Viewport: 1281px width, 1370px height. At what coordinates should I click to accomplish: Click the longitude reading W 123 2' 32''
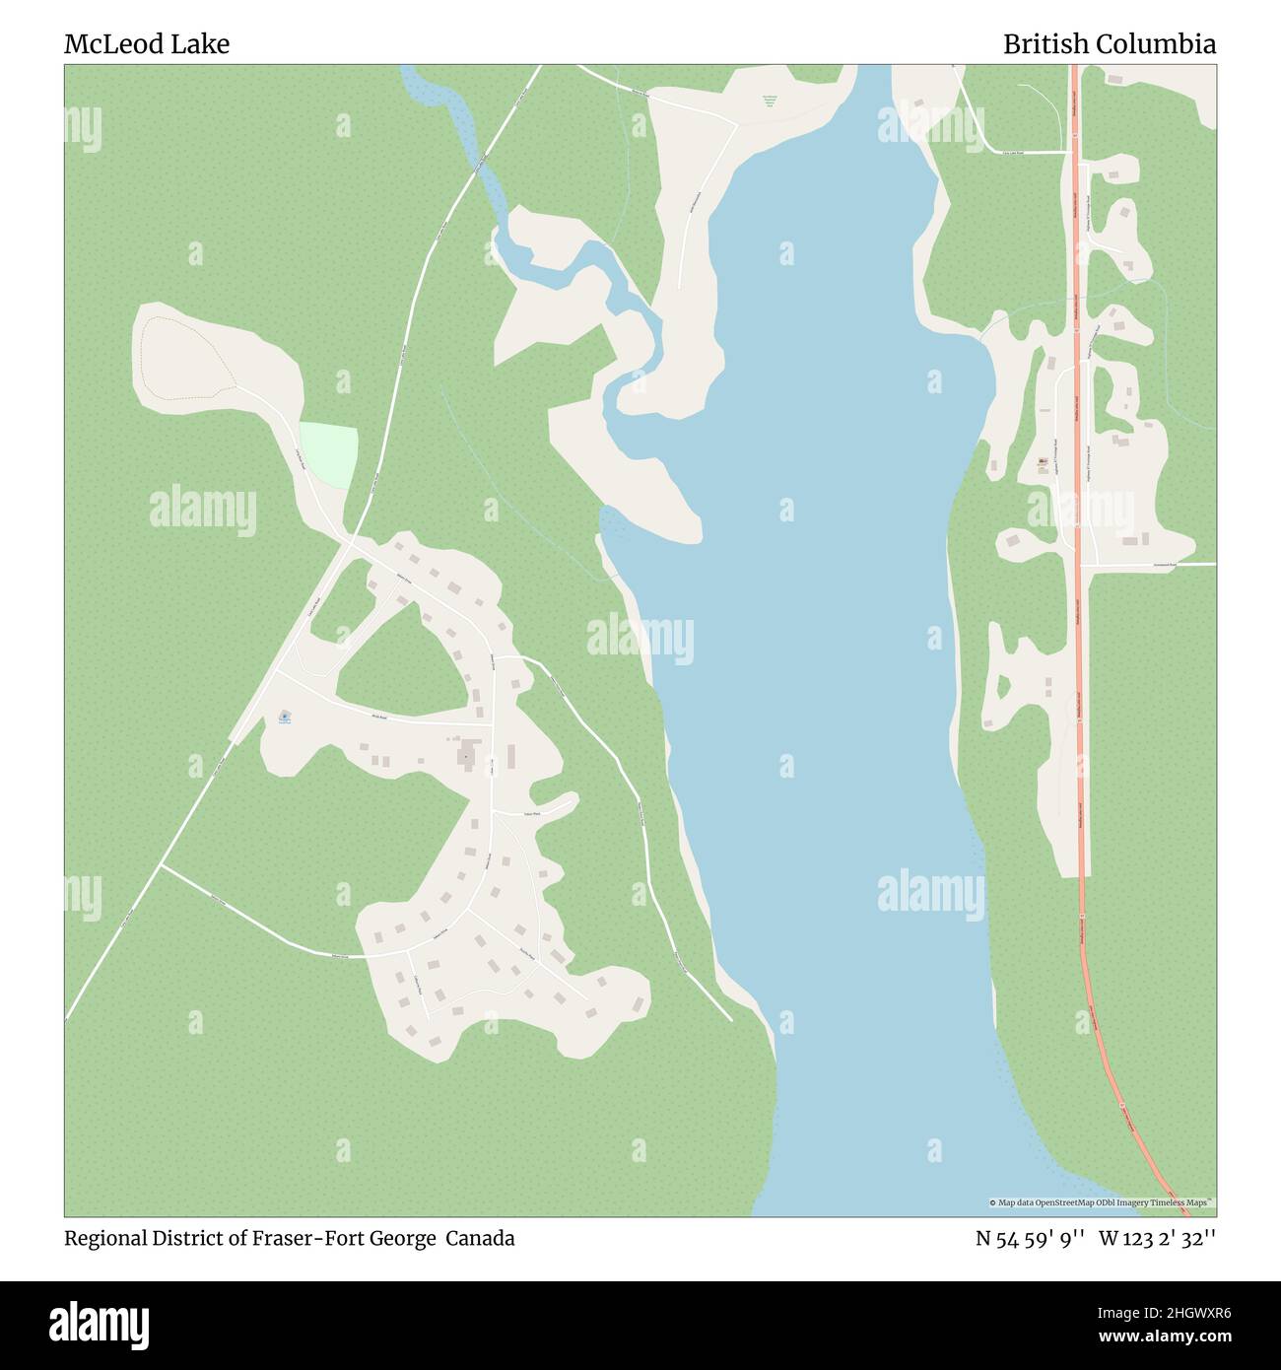tap(1157, 1238)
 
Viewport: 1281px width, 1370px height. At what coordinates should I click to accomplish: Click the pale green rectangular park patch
tap(328, 453)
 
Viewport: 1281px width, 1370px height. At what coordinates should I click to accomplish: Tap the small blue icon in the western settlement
tap(284, 716)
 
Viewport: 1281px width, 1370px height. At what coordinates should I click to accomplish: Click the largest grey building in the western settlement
tap(465, 757)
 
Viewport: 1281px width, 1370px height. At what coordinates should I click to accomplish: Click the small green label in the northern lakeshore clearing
tap(770, 100)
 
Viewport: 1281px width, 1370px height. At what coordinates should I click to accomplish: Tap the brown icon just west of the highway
tap(1044, 461)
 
